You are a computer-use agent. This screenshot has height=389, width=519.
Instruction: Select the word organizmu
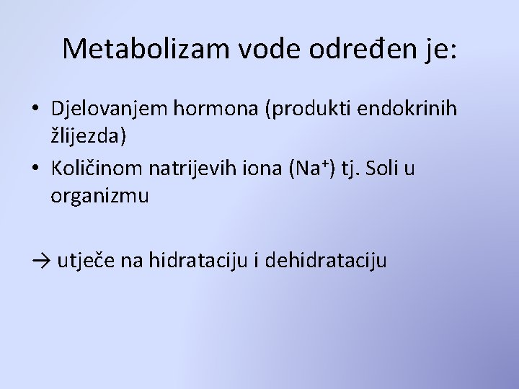[99, 197]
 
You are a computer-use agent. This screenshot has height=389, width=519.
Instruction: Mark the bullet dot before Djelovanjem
[35, 109]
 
